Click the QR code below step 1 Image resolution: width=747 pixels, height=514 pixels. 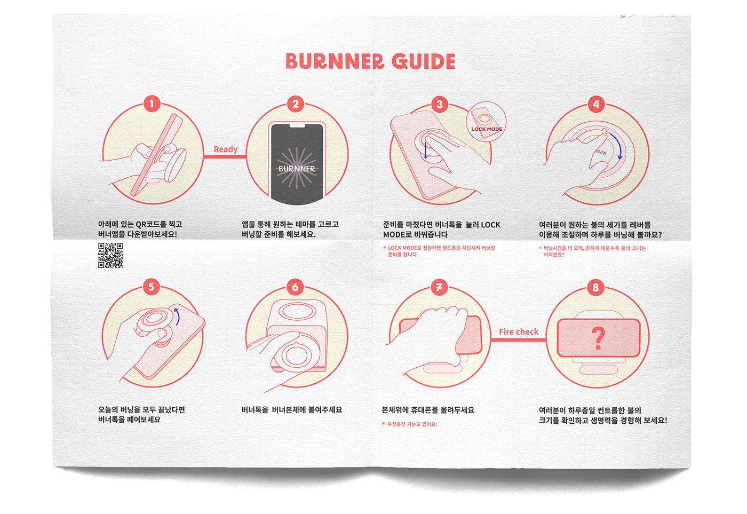110,255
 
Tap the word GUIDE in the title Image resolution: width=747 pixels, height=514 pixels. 424,61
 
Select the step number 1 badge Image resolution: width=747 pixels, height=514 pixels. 152,104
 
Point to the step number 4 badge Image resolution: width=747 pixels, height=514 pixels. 596,104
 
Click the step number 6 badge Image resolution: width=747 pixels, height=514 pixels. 295,287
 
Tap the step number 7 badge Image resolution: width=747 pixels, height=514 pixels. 439,287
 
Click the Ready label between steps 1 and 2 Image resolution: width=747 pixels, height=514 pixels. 225,149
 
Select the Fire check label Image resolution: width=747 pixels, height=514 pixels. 518,332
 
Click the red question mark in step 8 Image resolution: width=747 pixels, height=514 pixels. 599,338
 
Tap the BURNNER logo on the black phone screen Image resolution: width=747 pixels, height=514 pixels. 297,169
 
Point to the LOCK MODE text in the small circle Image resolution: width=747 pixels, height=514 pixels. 487,129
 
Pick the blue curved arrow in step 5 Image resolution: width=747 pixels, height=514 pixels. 177,316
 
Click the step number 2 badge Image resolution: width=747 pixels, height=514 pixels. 296,104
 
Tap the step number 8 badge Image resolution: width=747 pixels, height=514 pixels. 595,288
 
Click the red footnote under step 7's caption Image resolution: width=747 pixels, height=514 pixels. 410,424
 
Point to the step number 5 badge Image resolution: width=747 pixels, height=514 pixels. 151,287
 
